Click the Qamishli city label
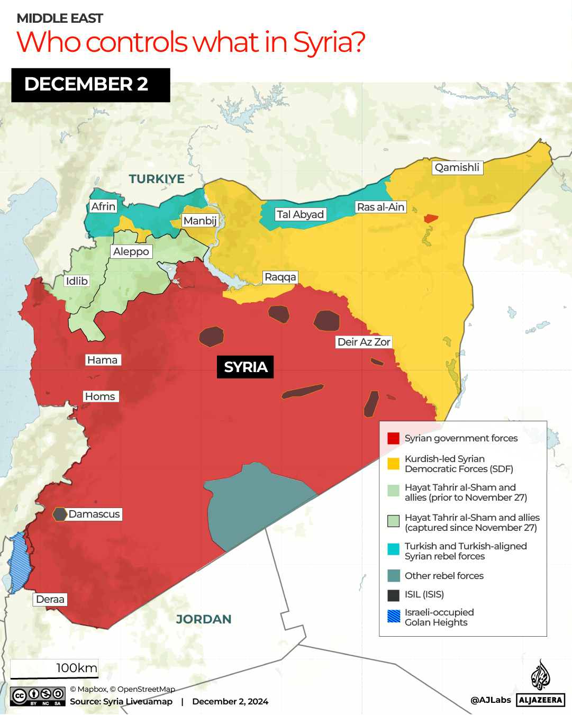click(x=457, y=168)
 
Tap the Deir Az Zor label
click(x=364, y=342)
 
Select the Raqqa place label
click(x=280, y=277)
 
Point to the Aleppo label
click(x=131, y=251)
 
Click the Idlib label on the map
click(x=77, y=281)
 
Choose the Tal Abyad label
click(x=300, y=214)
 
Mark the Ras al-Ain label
click(x=380, y=207)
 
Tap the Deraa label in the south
click(x=50, y=599)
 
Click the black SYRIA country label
click(x=246, y=367)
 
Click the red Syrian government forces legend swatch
click(x=393, y=438)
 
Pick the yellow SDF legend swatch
click(x=393, y=464)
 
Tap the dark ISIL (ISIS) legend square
click(x=393, y=595)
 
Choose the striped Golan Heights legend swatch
click(x=393, y=617)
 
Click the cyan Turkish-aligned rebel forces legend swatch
click(x=393, y=549)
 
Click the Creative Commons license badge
click(x=38, y=696)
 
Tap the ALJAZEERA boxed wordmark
click(x=540, y=700)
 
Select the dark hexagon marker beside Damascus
click(x=60, y=514)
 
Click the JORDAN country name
click(x=204, y=619)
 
